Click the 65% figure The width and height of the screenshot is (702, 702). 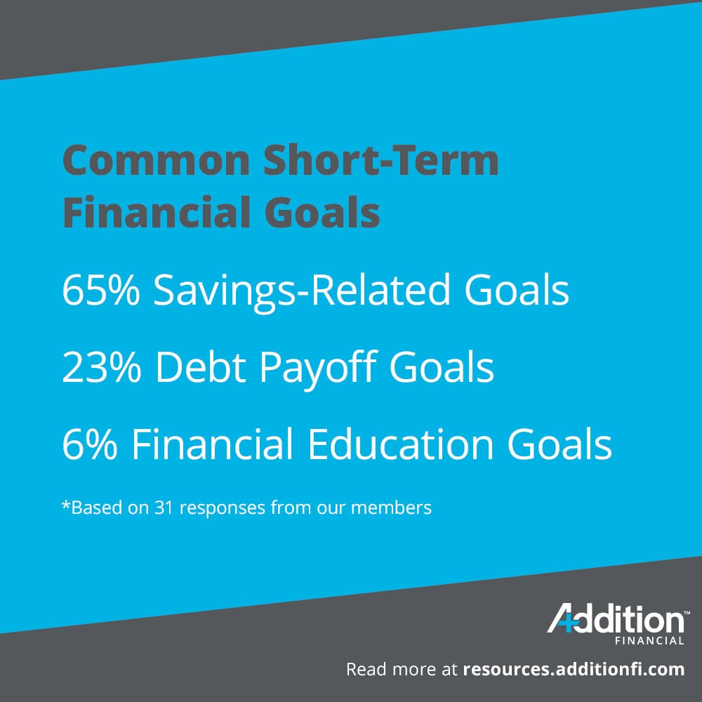click(x=101, y=291)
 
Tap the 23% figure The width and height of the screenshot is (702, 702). click(x=101, y=368)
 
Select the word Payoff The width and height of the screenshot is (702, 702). click(x=323, y=368)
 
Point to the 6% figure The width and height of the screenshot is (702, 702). click(x=88, y=445)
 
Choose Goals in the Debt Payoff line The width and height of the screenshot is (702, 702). click(x=442, y=368)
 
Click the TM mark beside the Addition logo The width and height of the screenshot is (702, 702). click(x=686, y=611)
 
